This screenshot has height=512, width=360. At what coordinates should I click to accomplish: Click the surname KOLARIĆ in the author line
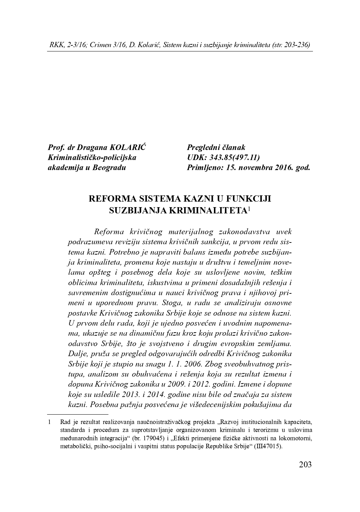(x=128, y=148)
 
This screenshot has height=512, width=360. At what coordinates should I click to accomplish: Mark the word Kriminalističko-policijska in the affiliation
(x=92, y=158)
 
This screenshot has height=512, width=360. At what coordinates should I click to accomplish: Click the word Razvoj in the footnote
(x=230, y=422)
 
